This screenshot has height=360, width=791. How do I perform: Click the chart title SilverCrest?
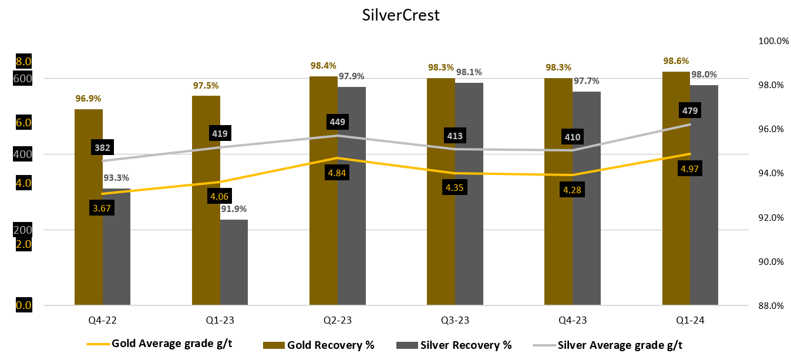pos(400,15)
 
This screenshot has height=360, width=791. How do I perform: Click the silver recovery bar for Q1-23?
pos(234,262)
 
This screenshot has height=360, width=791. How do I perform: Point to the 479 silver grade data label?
pos(690,110)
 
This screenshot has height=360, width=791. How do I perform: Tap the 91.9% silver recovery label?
pos(234,208)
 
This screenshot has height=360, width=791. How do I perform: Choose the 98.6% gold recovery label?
pos(676,61)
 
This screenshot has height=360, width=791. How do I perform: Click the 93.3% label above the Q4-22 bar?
pos(116,178)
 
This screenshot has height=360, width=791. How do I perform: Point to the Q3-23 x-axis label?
pos(455,320)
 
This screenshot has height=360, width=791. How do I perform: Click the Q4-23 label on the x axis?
pos(573,320)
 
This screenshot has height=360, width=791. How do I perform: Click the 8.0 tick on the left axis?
pos(23,62)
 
